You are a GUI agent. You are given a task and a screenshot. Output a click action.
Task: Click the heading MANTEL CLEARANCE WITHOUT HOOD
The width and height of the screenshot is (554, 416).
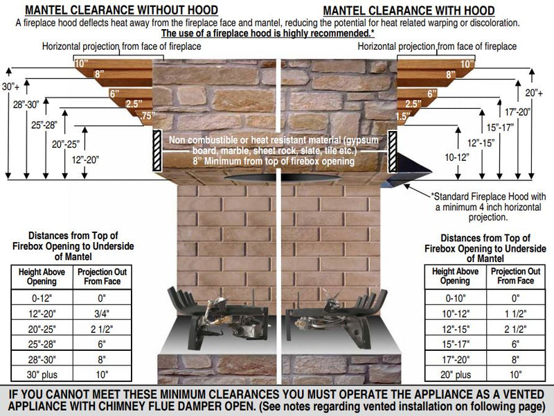(122, 10)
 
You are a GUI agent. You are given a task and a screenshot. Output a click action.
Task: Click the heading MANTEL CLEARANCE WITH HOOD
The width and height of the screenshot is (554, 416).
(409, 10)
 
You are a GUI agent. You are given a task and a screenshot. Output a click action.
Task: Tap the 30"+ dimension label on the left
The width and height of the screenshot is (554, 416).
(10, 87)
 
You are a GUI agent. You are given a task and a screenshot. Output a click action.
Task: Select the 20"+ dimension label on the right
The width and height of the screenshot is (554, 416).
(533, 93)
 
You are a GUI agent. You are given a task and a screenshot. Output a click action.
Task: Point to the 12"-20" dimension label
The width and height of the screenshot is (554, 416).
(85, 160)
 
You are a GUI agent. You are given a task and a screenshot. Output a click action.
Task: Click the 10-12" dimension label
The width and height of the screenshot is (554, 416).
(457, 157)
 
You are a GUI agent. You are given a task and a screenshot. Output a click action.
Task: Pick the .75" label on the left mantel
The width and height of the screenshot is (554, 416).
(148, 116)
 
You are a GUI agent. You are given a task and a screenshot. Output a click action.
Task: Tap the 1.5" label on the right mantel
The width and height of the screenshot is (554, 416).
(403, 116)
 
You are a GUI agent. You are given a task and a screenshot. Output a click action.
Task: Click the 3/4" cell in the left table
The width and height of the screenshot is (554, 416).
(102, 313)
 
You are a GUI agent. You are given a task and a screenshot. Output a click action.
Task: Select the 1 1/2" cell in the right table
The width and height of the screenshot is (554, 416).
(515, 313)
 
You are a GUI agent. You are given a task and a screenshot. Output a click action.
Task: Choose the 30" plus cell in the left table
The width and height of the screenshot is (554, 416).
(42, 374)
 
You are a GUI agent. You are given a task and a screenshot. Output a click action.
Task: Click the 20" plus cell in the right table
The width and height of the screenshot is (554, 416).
(456, 374)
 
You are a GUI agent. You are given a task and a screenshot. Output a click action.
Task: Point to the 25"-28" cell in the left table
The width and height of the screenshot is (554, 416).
(42, 344)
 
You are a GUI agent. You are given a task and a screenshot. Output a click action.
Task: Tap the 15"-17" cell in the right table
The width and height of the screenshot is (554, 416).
(456, 344)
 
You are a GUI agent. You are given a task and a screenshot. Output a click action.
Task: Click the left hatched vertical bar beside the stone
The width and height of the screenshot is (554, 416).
(157, 150)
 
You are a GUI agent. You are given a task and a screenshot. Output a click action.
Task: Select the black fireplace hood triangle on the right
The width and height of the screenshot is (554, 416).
(410, 166)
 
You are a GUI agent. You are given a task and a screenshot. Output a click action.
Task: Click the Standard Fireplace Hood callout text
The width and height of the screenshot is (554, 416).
(488, 207)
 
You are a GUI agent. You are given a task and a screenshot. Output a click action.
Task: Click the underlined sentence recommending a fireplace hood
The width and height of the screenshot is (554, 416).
(268, 33)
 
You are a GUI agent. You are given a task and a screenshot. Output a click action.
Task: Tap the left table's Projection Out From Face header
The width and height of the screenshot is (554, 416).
(102, 277)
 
